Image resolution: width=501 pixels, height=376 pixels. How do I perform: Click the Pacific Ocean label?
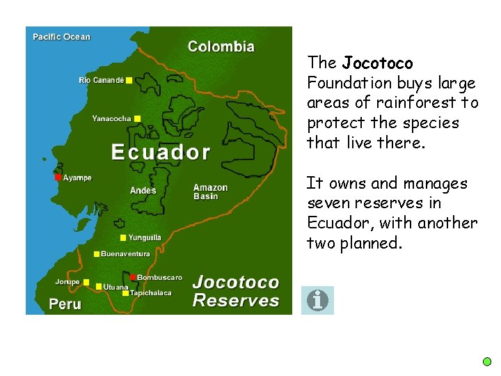click(61, 37)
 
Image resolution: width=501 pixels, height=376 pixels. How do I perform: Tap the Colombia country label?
click(221, 47)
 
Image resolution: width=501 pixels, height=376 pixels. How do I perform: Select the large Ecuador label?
click(161, 152)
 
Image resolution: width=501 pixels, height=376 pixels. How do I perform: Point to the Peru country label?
click(65, 304)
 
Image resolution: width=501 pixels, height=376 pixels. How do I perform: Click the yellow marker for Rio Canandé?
click(129, 81)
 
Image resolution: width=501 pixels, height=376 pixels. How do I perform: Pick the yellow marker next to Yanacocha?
click(137, 119)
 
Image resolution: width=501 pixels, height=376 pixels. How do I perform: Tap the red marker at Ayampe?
click(58, 178)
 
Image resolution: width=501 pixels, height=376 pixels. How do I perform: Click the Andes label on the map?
click(143, 191)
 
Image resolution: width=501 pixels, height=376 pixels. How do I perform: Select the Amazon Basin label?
click(210, 191)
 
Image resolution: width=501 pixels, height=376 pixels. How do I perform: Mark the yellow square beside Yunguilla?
click(123, 238)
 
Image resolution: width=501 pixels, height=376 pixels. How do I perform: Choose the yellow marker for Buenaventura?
click(97, 254)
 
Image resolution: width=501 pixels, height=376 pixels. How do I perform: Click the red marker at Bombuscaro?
click(133, 277)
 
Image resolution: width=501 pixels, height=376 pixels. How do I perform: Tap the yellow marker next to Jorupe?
click(86, 282)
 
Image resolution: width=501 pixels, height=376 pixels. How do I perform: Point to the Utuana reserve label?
click(116, 287)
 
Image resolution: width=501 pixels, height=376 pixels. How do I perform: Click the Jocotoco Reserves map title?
click(235, 292)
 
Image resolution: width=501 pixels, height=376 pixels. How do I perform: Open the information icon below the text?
click(317, 300)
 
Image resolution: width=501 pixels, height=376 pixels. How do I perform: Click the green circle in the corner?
click(487, 361)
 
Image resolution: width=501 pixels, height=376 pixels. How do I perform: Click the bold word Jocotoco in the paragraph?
click(378, 63)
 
